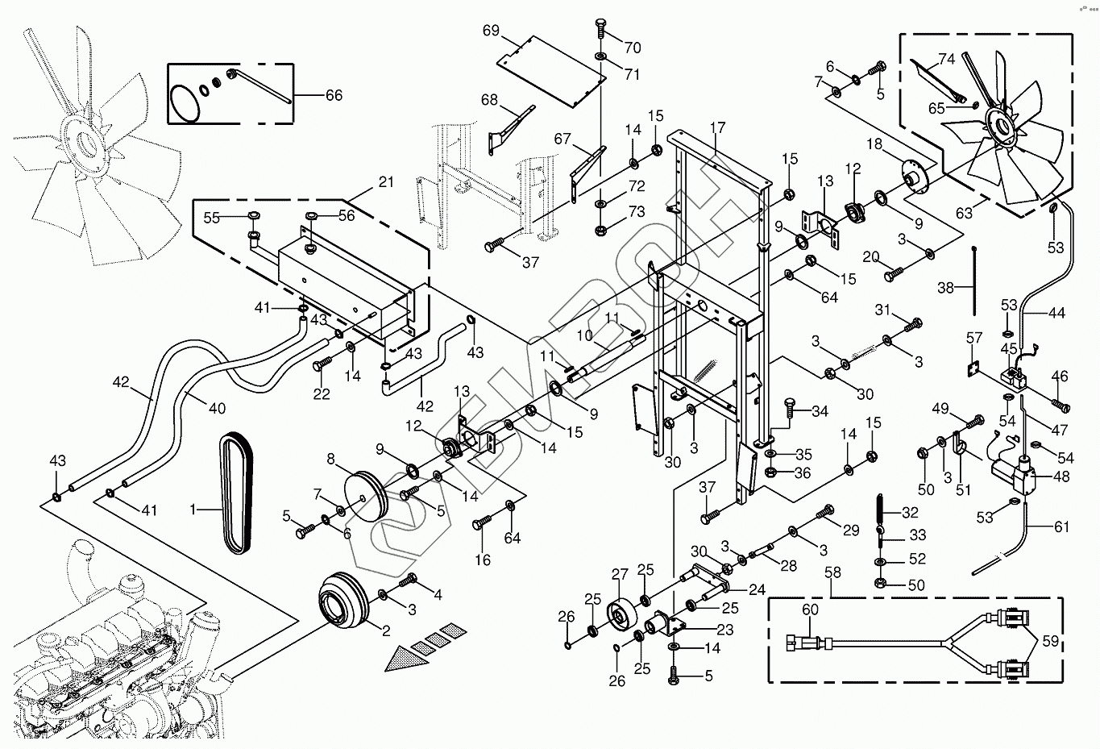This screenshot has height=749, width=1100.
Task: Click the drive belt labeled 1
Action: point(236,493)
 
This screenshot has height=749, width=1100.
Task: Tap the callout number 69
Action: point(491,31)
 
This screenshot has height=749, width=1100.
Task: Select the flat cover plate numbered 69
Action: point(551,71)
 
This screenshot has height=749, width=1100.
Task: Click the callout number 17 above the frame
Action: point(717,127)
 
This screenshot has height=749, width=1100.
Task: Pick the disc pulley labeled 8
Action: point(366,497)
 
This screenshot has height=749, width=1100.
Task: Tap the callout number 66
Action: point(334,95)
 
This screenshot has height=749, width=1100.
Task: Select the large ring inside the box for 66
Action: point(185,104)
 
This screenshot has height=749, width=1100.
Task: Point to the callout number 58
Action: point(833,572)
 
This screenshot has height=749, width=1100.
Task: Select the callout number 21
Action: point(387,181)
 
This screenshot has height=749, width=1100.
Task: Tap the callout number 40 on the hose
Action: point(217,408)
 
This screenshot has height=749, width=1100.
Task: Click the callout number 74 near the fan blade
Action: point(946,59)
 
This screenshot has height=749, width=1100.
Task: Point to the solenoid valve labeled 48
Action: point(1010,474)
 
